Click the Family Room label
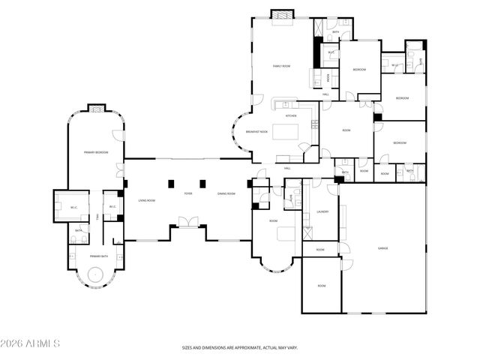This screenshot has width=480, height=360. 280,67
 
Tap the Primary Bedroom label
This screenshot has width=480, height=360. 95,152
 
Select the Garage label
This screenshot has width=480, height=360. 382,247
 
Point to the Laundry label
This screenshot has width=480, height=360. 322,211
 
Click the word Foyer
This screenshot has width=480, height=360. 188,193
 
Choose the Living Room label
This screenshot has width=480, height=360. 146,200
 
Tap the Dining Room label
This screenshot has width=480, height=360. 226,193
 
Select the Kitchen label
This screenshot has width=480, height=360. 290,116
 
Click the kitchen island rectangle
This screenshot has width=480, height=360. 285,132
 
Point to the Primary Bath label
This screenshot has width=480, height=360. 100,256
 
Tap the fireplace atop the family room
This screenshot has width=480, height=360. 281,15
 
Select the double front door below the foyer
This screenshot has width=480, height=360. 187,221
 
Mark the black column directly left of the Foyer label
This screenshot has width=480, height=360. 172,182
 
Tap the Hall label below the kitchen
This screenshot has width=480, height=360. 286,168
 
